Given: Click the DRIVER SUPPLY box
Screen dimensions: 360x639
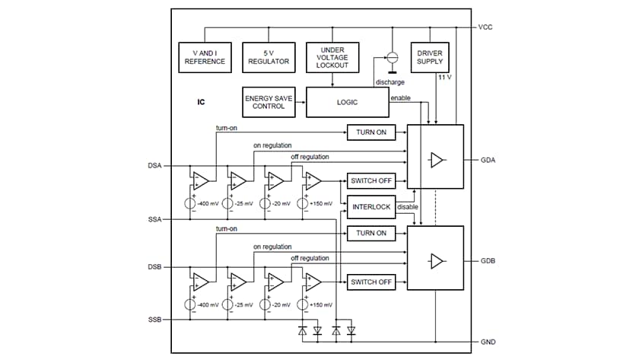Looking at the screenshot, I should point(430,57).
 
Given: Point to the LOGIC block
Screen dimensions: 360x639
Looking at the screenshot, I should point(347,101).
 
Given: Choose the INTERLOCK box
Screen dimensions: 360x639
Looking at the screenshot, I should point(370,206).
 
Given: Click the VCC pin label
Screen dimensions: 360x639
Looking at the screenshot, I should point(486,27).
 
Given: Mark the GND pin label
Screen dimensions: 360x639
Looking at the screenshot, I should point(488,342).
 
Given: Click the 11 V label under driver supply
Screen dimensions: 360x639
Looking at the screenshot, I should point(444,78).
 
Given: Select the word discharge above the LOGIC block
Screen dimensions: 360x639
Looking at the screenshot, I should point(389,82).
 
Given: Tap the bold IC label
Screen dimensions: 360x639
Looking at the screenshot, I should point(201,101).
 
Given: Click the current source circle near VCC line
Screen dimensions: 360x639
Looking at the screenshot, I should point(393,57).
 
